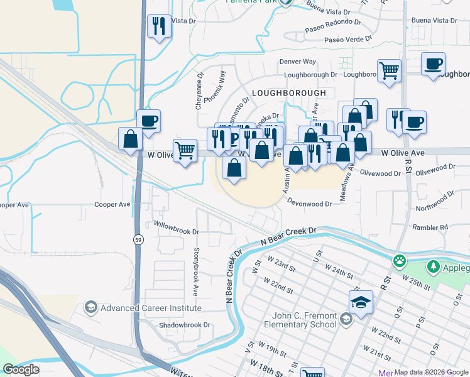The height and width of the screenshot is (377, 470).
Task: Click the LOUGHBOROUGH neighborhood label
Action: tap(288, 93)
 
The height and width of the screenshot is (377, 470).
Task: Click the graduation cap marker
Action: tap(361, 302)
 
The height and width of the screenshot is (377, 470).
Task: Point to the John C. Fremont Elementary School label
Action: tap(304, 320)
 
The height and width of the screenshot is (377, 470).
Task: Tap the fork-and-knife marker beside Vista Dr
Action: tap(158, 26)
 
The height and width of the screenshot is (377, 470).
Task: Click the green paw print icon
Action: tap(399, 260)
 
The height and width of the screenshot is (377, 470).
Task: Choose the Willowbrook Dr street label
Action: tap(177, 231)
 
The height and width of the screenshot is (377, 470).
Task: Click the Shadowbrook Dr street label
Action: tap(183, 325)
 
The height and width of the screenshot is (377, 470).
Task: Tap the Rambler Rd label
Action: tap(430, 227)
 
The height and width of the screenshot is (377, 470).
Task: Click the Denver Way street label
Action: tap(297, 62)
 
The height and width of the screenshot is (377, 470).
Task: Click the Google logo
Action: tap(21, 369)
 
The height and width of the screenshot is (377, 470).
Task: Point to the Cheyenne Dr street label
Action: tap(200, 93)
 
